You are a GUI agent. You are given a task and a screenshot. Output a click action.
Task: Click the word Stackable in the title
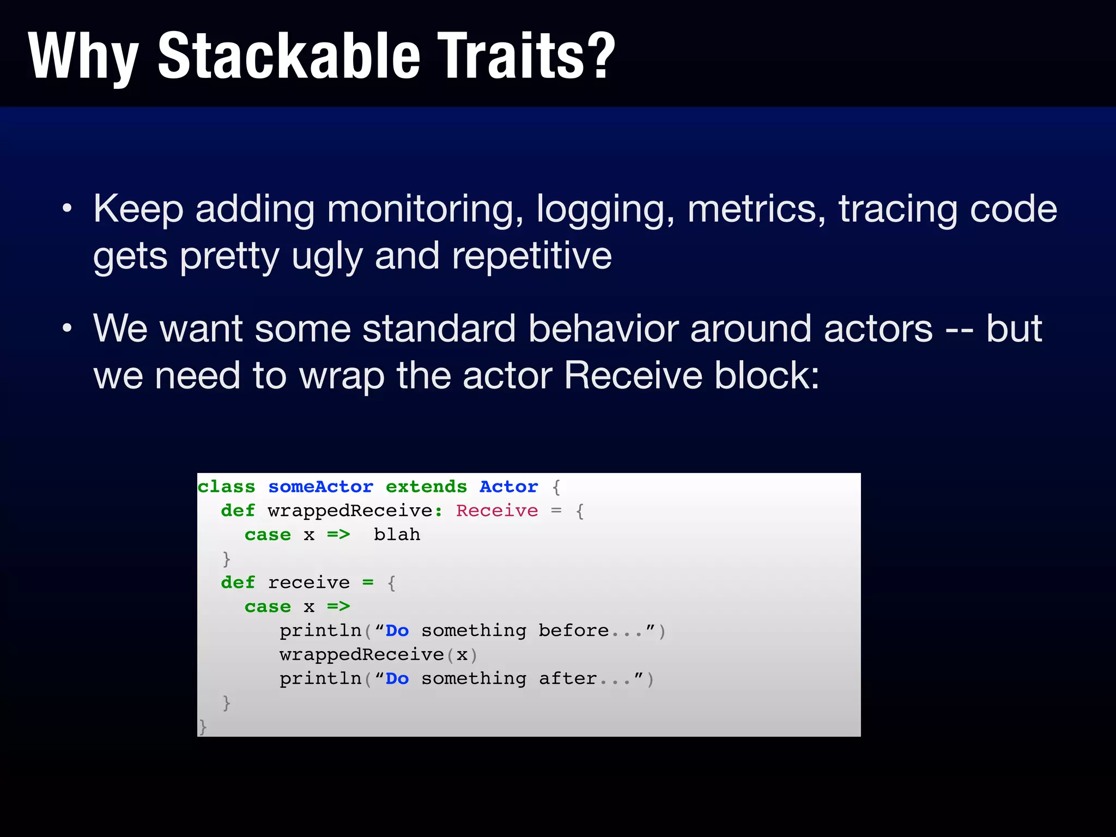pyautogui.click(x=289, y=56)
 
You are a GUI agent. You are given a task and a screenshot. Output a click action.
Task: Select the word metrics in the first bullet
pyautogui.click(x=755, y=209)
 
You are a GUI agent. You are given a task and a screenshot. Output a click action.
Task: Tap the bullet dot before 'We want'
pyautogui.click(x=66, y=329)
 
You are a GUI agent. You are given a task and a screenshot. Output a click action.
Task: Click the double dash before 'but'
pyautogui.click(x=959, y=330)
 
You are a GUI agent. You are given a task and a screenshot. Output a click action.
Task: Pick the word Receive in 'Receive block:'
pyautogui.click(x=633, y=375)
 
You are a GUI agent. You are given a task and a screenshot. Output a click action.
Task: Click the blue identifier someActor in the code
pyautogui.click(x=320, y=487)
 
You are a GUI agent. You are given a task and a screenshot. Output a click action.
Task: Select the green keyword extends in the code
pyautogui.click(x=426, y=487)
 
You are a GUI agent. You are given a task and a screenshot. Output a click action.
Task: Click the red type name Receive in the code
pyautogui.click(x=496, y=511)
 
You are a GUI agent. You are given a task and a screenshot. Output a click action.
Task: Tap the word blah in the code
pyautogui.click(x=397, y=535)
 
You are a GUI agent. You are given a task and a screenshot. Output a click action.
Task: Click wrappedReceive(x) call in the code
pyautogui.click(x=378, y=654)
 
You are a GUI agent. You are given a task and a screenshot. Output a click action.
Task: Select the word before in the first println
pyautogui.click(x=573, y=630)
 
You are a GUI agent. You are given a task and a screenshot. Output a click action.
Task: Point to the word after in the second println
pyautogui.click(x=567, y=678)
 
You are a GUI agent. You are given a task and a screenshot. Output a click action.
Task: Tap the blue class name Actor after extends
pyautogui.click(x=508, y=487)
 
